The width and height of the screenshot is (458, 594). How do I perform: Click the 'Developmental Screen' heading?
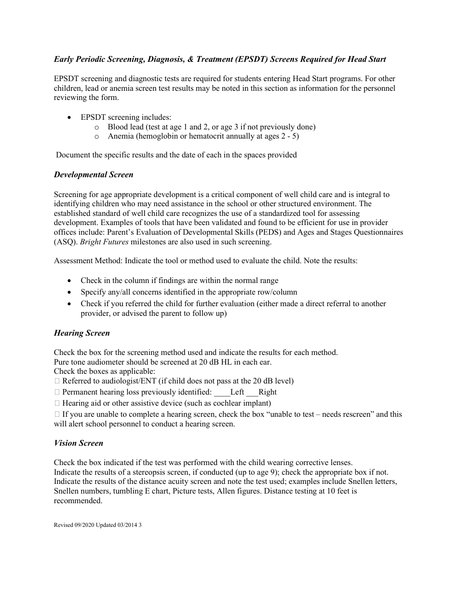tap(94, 174)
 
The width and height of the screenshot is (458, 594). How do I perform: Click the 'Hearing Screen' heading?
tap(81, 333)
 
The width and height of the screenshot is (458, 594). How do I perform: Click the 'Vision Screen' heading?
tap(78, 443)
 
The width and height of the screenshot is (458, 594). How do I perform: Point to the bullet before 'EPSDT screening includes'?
tap(71, 117)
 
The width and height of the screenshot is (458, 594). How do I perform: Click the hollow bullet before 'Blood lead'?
tap(97, 127)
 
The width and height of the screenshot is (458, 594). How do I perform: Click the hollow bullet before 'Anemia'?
tap(97, 137)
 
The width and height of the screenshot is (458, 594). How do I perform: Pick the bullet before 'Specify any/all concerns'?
tap(71, 292)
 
